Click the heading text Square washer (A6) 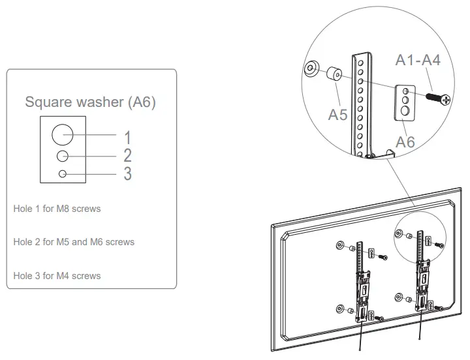click(x=90, y=102)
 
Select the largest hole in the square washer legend click(x=63, y=135)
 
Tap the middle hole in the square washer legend click(x=63, y=157)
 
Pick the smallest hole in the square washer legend click(x=63, y=173)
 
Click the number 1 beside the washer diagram click(x=128, y=138)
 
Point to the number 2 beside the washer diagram click(x=128, y=155)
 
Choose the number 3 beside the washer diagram click(x=128, y=173)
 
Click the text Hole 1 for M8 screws click(x=57, y=209)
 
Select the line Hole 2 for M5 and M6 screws click(x=74, y=242)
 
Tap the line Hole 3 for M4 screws click(x=57, y=276)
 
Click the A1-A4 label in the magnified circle click(x=418, y=60)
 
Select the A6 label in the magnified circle click(x=405, y=142)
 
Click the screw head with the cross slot click(x=446, y=100)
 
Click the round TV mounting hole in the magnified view click(x=311, y=67)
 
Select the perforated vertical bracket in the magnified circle click(x=360, y=104)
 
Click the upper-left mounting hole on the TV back click(x=339, y=245)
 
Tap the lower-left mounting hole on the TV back click(x=339, y=309)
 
